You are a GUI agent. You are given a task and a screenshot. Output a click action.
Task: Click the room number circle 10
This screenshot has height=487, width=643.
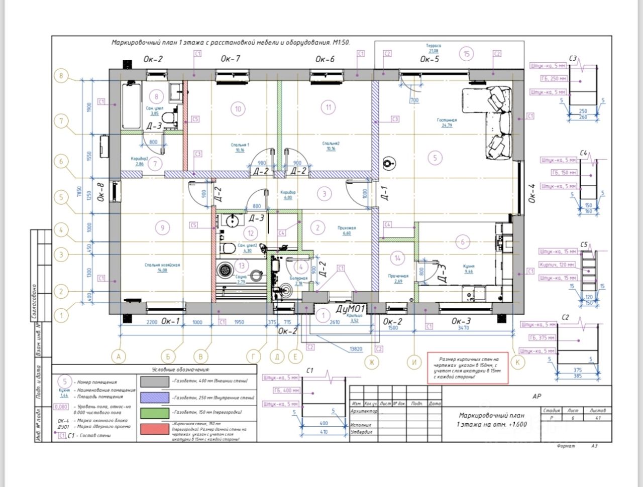click(x=238, y=108)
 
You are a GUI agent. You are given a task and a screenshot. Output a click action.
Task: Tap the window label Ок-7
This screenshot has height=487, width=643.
click(x=231, y=59)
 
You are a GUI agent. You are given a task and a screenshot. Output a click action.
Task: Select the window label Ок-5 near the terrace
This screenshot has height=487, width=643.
click(x=430, y=59)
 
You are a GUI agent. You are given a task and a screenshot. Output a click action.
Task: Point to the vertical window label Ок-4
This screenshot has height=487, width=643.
click(x=532, y=193)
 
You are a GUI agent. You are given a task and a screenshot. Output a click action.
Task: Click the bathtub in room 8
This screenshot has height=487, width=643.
click(x=132, y=106)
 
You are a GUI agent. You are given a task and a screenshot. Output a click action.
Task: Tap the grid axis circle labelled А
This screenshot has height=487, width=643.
click(x=119, y=357)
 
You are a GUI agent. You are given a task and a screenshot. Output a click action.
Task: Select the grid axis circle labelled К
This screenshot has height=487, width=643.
click(x=517, y=361)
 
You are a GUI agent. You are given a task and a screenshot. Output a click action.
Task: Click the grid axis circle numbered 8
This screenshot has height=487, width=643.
click(x=61, y=76)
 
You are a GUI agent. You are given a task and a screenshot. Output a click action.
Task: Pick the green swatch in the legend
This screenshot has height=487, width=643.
click(x=154, y=413)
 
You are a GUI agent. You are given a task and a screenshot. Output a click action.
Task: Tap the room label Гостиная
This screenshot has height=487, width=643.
click(x=447, y=120)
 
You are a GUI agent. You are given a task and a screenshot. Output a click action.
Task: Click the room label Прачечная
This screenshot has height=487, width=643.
click(x=398, y=276)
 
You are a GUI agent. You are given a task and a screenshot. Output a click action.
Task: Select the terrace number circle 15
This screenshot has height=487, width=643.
click(x=467, y=54)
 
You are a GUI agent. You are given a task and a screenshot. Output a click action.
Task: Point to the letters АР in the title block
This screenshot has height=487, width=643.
click(x=537, y=396)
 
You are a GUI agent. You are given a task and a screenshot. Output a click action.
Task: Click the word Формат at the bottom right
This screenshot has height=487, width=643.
click(x=567, y=446)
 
